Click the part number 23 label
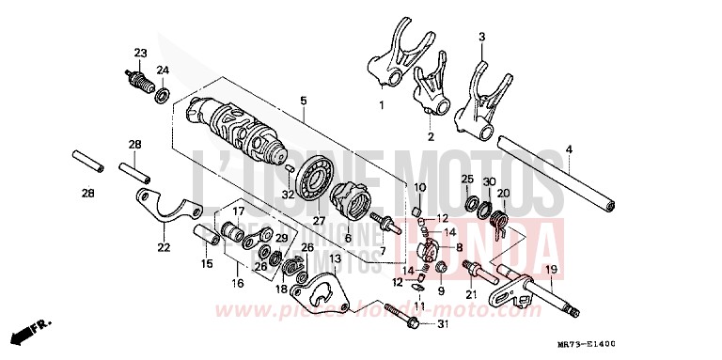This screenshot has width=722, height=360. point(140,53)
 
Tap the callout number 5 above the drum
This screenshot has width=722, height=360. point(303,101)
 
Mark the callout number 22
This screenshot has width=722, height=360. point(164,248)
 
